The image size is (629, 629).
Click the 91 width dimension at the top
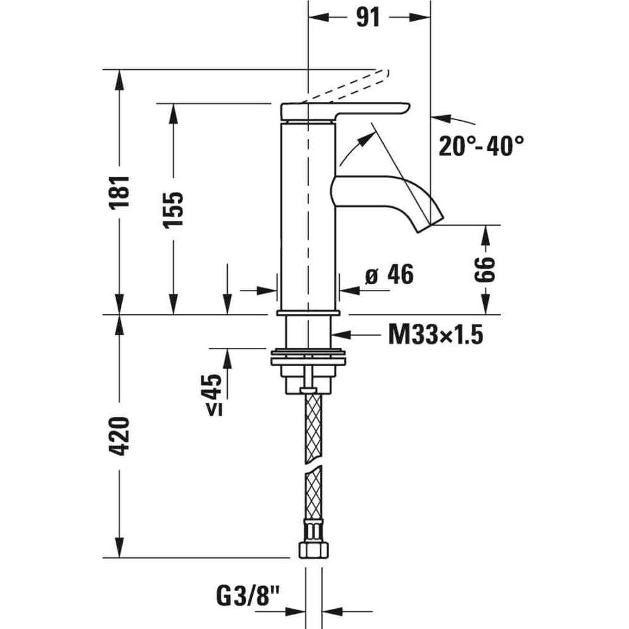click(x=368, y=18)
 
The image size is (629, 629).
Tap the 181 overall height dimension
click(x=119, y=191)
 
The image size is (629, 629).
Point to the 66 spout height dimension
click(x=486, y=269)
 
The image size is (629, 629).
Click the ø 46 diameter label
click(x=389, y=275)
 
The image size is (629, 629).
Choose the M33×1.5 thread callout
click(x=436, y=335)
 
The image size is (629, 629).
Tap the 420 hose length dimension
click(x=119, y=436)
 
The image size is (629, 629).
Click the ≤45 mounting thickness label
click(x=214, y=395)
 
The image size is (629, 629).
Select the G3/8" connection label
click(x=248, y=596)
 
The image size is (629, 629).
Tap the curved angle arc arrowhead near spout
click(x=364, y=140)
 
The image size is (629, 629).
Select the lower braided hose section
click(x=313, y=493)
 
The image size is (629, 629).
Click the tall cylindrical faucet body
click(x=308, y=216)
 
